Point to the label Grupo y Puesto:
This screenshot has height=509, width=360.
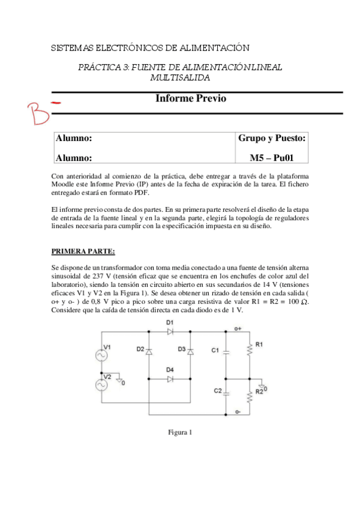tap(272, 138)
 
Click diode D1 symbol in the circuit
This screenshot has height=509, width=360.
tap(169, 331)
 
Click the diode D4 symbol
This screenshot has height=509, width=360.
tap(169, 379)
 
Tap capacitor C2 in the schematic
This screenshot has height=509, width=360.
tap(226, 394)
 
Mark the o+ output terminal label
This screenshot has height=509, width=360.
tap(238, 328)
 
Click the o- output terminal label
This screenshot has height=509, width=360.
tap(238, 412)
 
